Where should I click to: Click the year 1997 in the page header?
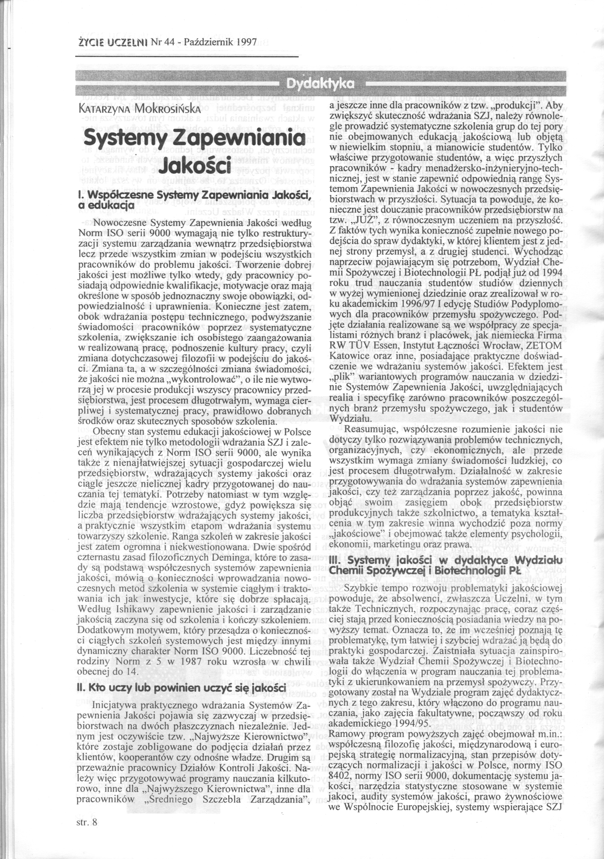click(246, 42)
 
